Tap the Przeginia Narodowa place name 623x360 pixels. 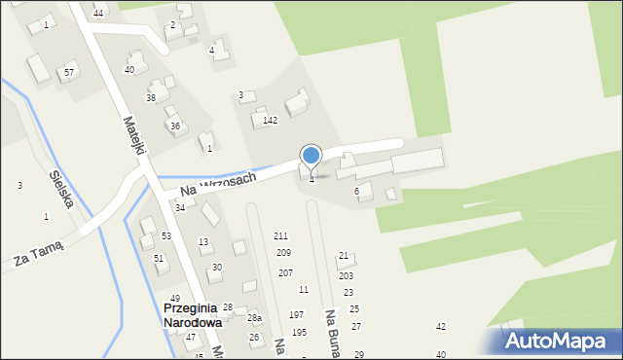pos(193,314)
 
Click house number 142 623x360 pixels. pos(271,121)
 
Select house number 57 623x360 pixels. pos(69,73)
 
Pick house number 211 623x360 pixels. pos(280,236)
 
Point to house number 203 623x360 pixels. pos(346,276)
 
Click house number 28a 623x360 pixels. pos(254,318)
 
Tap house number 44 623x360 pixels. pos(98,13)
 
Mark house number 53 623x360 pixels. pos(166,236)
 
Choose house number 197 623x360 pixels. pos(297,315)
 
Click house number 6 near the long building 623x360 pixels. pos(356,192)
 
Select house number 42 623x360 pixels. pos(441,327)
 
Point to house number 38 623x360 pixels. pos(151,98)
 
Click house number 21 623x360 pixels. pos(344,256)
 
